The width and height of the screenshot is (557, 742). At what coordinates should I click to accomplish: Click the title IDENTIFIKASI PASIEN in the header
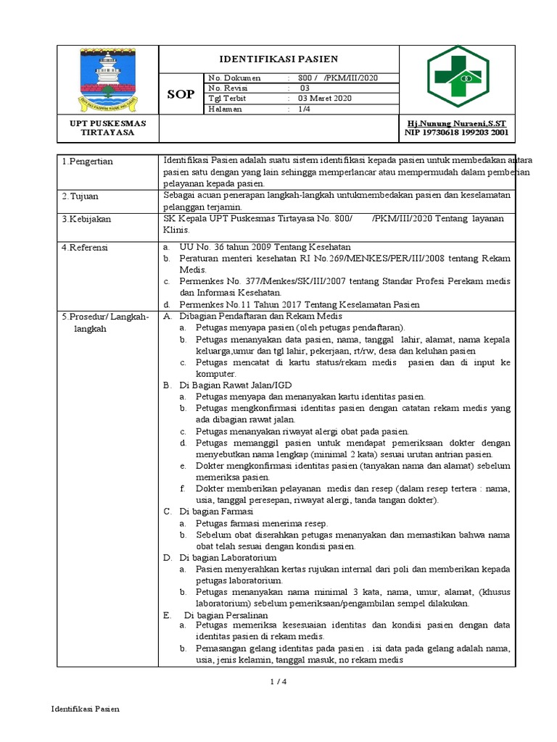[278, 59]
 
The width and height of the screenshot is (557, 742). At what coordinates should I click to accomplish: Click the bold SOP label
[181, 94]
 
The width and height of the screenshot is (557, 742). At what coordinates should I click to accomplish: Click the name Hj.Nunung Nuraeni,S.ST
[457, 124]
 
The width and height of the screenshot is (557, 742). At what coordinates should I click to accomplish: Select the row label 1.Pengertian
[87, 162]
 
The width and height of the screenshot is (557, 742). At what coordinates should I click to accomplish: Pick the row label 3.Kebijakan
[86, 218]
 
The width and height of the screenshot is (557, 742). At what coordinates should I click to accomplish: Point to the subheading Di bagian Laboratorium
[227, 558]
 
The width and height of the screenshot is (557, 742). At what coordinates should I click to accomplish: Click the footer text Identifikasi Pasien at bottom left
[86, 708]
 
